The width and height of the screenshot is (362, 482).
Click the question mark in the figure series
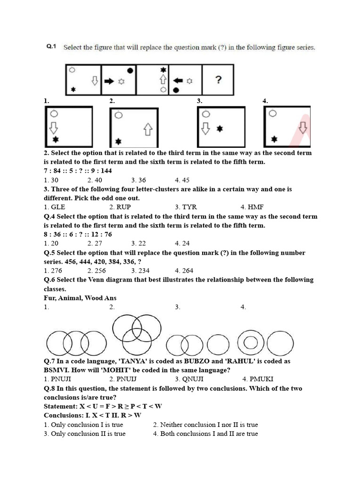218,80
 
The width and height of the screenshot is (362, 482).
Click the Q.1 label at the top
51,47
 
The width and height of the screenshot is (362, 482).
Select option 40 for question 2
97,180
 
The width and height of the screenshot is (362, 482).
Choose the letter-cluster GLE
58,207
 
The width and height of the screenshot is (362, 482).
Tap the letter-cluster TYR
189,207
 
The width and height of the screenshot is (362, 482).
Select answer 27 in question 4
97,243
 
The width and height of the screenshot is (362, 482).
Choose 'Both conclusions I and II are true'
209,434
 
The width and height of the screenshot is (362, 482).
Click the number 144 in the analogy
106,171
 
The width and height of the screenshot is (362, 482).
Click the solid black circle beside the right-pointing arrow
130,71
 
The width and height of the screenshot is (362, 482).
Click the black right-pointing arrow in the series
109,81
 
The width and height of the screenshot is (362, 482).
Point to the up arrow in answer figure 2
148,129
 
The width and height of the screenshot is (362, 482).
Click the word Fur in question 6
49,298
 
